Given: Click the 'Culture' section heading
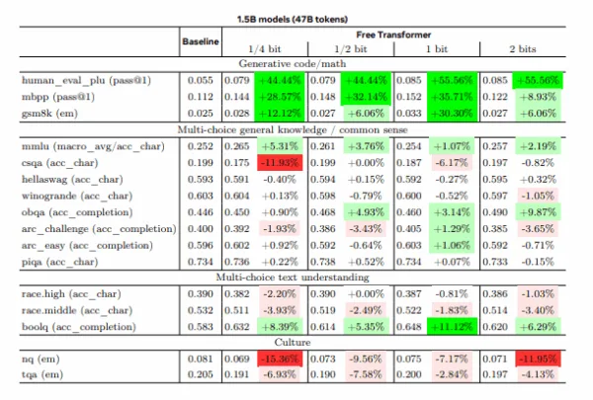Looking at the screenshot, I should point(297,343).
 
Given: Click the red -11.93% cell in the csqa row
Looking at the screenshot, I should point(281,162).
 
